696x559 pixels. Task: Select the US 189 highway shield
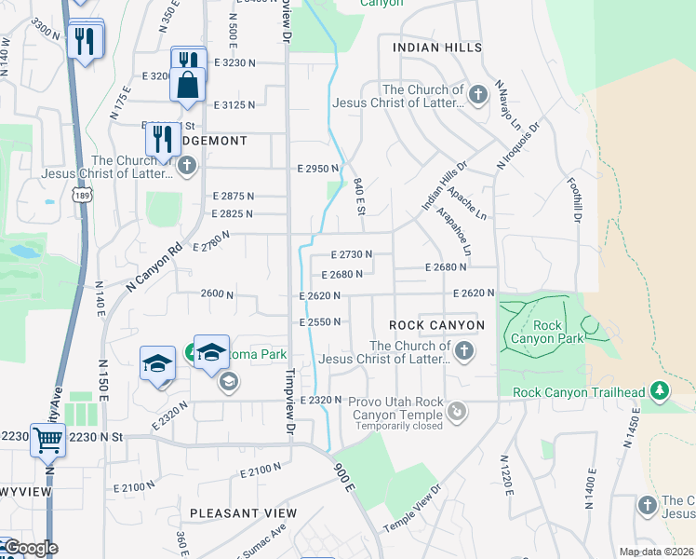coord(81,194)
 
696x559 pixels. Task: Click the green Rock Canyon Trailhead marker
coord(660,391)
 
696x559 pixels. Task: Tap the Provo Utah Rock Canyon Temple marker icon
coord(456,411)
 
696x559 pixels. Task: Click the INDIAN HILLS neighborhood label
coord(437,48)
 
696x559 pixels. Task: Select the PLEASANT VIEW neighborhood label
coord(243,513)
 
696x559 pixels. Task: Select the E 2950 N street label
coord(318,169)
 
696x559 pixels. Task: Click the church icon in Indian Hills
coord(477,95)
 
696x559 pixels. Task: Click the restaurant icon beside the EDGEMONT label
coord(163,139)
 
